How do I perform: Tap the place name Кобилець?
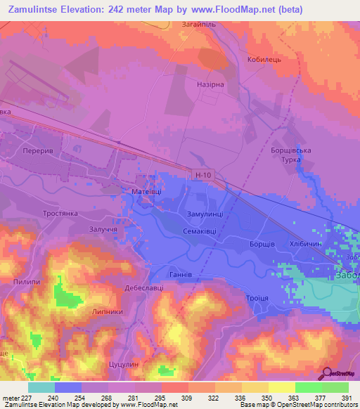(x=264, y=60)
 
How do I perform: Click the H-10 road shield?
(x=202, y=174)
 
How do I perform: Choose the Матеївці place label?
(x=146, y=190)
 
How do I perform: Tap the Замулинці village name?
(x=205, y=214)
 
